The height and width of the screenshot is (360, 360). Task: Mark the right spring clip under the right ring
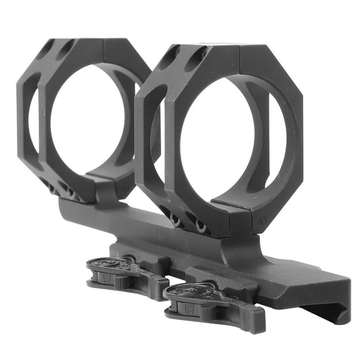[200, 227]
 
